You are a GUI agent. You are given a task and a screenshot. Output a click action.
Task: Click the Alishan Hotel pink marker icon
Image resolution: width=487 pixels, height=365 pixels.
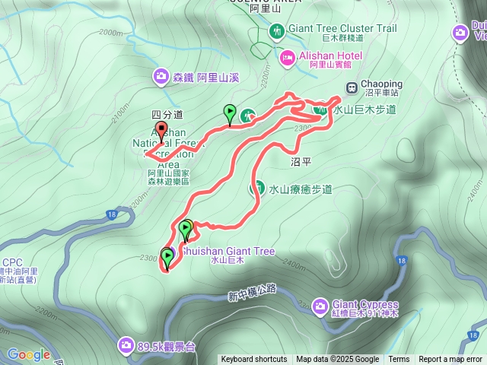(288, 56)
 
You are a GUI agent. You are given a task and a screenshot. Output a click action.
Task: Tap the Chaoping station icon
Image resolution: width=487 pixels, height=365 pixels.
(352, 87)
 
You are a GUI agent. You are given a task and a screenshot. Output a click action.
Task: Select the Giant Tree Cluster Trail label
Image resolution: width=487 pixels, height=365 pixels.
(342, 29)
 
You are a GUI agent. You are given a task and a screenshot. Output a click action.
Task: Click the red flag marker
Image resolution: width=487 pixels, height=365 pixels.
(161, 129)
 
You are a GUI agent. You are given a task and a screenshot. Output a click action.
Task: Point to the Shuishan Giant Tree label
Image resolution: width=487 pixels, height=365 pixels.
(218, 252)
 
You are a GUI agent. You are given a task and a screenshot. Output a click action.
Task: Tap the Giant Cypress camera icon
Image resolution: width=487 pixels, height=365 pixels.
(320, 306)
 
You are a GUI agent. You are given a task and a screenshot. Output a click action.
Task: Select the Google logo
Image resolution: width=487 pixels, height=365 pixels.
(29, 354)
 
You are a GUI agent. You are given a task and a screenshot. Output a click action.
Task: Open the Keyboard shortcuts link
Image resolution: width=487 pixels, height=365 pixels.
(253, 360)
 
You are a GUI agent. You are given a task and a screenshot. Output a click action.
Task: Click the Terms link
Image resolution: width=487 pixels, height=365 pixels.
(399, 360)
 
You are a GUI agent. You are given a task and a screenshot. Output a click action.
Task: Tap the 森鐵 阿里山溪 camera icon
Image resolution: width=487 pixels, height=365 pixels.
(161, 76)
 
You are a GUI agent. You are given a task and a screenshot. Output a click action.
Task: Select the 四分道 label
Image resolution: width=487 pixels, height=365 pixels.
(167, 114)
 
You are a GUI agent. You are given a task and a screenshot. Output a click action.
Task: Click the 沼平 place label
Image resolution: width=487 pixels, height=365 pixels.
(302, 162)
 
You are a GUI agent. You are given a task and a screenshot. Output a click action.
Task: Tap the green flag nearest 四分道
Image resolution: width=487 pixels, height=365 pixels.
(230, 113)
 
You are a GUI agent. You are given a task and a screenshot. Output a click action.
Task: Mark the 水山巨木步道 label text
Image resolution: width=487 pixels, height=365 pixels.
(364, 109)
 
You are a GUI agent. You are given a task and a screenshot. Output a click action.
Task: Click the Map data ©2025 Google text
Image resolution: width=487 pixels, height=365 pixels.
(337, 360)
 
